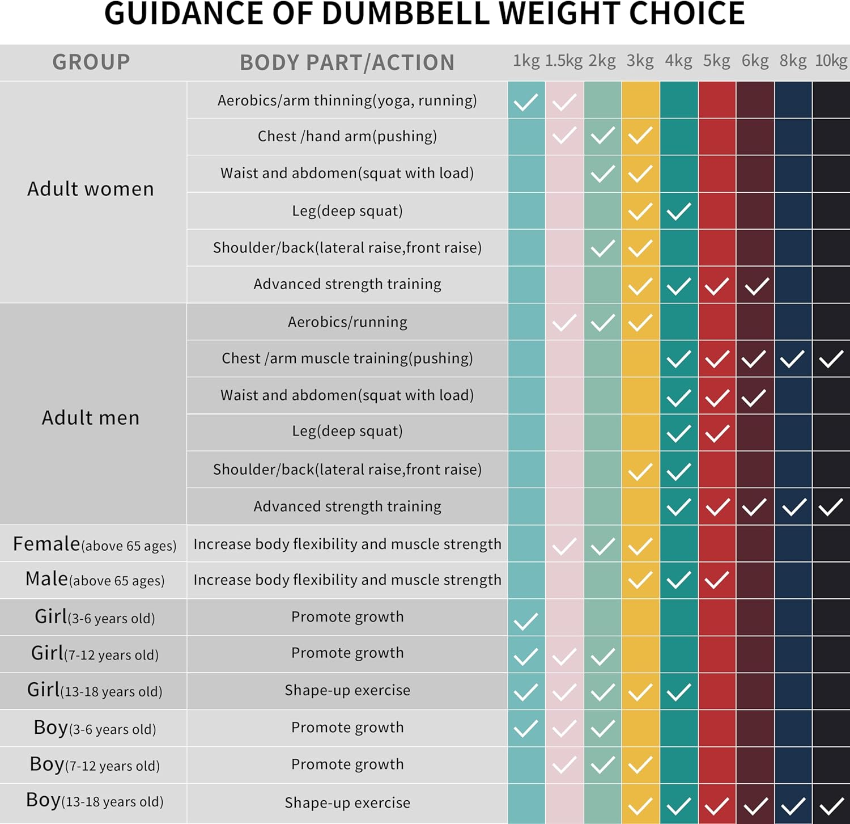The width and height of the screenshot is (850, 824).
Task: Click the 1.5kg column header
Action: point(563,61)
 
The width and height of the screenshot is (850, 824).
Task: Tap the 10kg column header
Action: point(831,61)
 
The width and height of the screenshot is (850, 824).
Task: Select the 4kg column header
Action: point(678,61)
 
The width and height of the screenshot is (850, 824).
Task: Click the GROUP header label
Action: point(91,62)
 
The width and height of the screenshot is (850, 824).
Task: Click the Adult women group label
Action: point(91,189)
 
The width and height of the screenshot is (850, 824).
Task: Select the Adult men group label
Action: point(91,418)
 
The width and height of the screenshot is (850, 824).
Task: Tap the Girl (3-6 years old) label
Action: point(95,616)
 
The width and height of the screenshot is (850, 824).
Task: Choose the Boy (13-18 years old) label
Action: point(95,801)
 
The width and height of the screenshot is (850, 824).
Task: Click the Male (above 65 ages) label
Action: point(95,580)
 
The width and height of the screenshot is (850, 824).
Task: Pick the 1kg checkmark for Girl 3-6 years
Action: point(526,622)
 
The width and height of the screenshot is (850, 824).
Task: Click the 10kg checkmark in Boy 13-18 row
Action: point(831,805)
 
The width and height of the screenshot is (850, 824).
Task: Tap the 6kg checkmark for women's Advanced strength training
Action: point(756,286)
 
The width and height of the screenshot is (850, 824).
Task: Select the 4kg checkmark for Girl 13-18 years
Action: point(678,692)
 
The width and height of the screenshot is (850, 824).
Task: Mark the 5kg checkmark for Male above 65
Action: point(717,580)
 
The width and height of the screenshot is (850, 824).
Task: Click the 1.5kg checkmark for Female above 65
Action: point(564,547)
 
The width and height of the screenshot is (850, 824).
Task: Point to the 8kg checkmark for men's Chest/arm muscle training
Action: point(792,358)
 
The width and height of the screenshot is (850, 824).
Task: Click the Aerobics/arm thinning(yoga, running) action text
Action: point(347,100)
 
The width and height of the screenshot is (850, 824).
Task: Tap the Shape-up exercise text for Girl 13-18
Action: point(347,690)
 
